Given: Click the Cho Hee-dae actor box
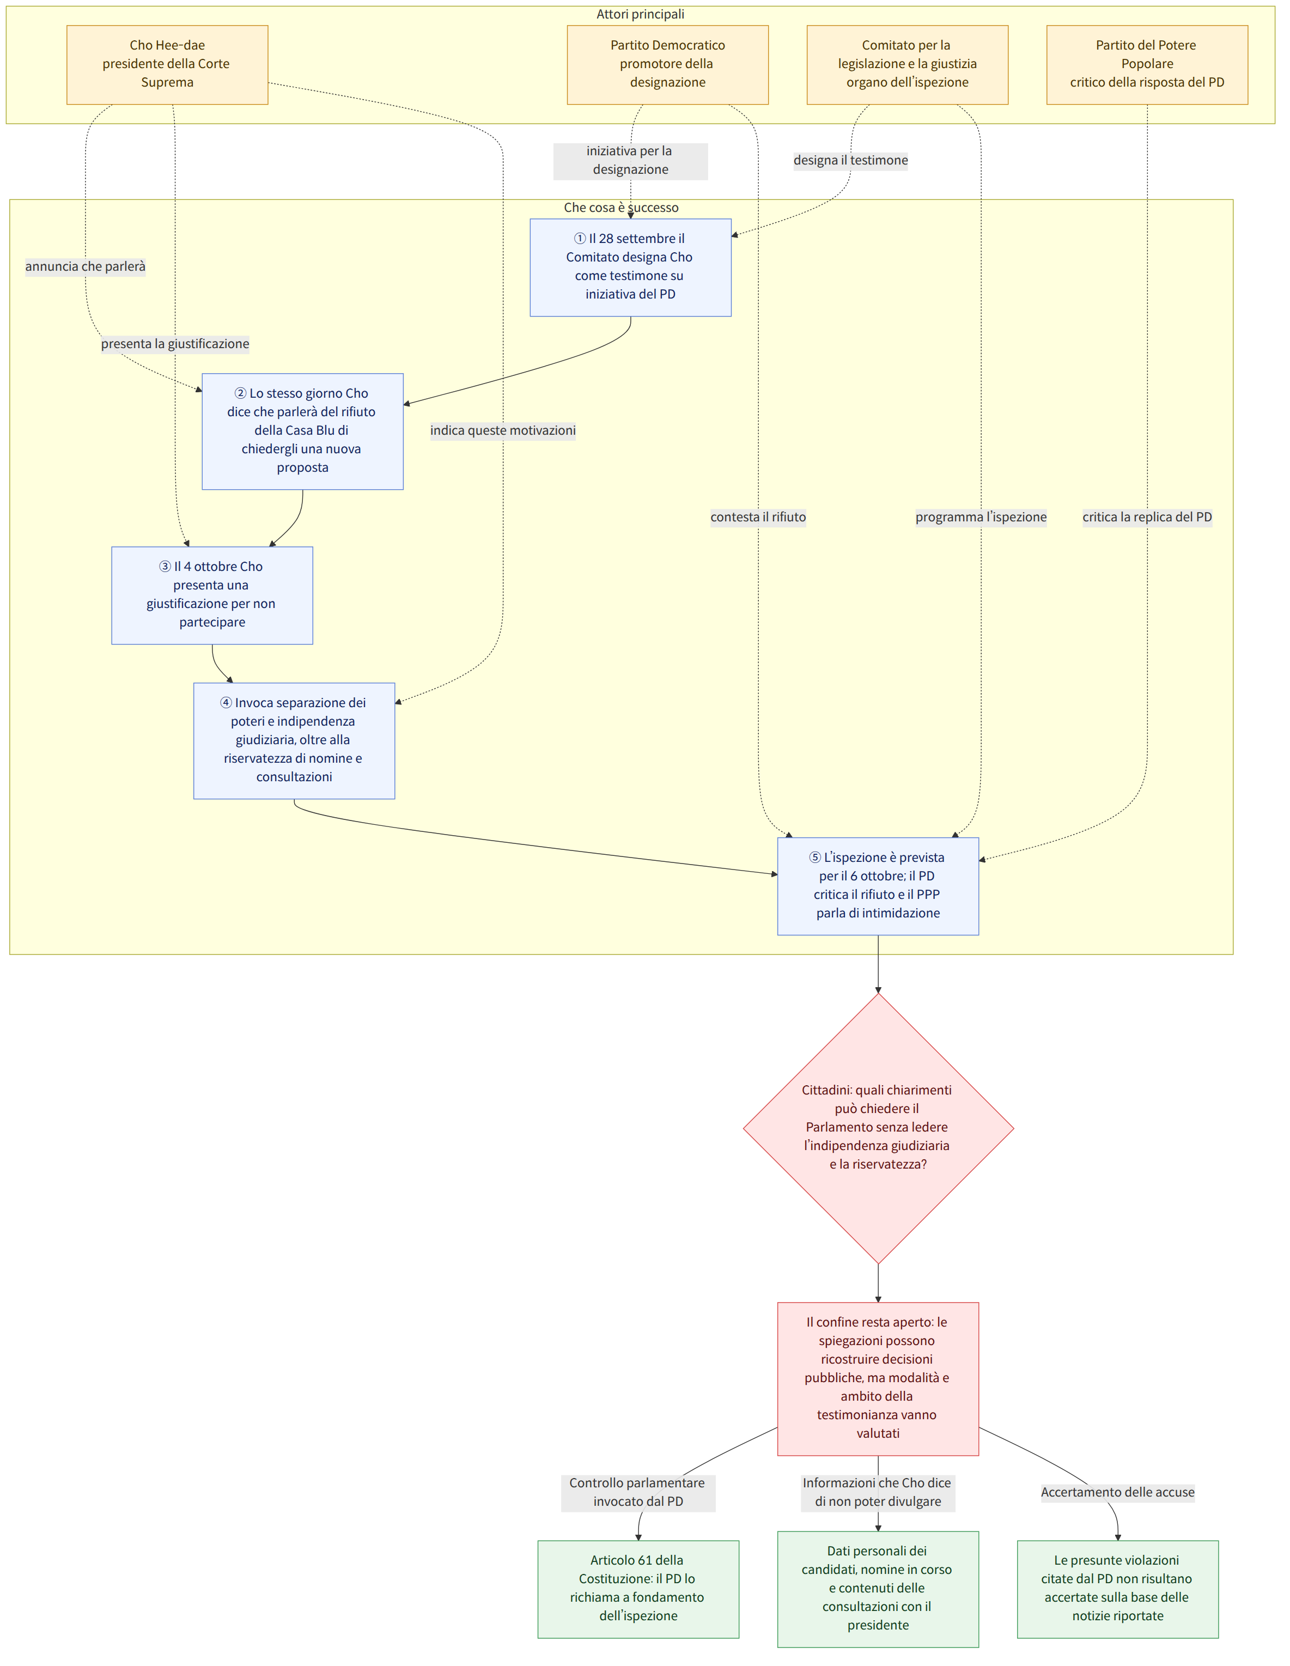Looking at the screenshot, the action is click(167, 65).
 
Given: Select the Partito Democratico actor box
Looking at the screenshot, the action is click(667, 65).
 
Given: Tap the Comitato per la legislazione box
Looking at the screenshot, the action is click(907, 65).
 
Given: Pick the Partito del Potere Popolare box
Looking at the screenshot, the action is click(1147, 65).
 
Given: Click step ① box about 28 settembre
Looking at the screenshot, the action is click(630, 267).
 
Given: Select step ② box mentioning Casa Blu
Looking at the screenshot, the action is click(302, 431).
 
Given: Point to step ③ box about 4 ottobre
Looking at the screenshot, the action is click(212, 595).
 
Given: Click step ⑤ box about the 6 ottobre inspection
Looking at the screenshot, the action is click(878, 886).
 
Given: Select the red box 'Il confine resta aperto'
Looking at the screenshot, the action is click(878, 1378).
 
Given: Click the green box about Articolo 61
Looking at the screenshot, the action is click(638, 1589).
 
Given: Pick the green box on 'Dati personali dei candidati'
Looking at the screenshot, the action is click(878, 1589).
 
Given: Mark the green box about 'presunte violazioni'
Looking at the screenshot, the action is click(1118, 1589).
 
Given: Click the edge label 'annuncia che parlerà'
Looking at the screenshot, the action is click(86, 266).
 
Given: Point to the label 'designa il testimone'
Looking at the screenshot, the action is click(850, 160).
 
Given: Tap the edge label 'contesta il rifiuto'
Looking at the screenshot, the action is click(758, 517).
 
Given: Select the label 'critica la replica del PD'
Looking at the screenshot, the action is click(1147, 517).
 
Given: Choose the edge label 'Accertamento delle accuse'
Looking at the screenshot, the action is click(1118, 1492).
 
